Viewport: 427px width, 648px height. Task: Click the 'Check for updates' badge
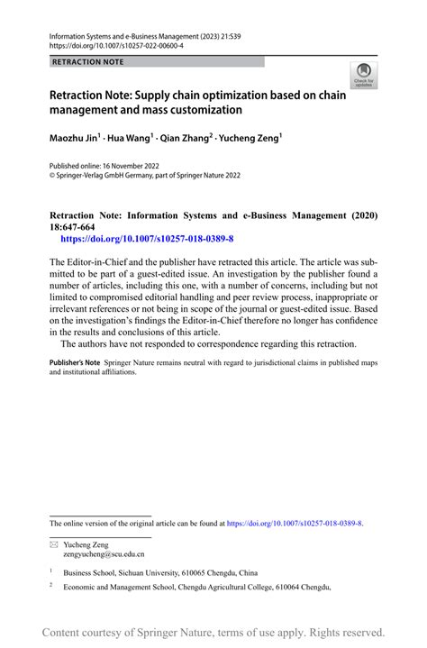point(363,76)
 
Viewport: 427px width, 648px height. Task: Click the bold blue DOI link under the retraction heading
point(146,239)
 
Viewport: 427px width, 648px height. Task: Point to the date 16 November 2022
point(136,167)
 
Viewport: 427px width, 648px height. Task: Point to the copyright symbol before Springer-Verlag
point(53,177)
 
